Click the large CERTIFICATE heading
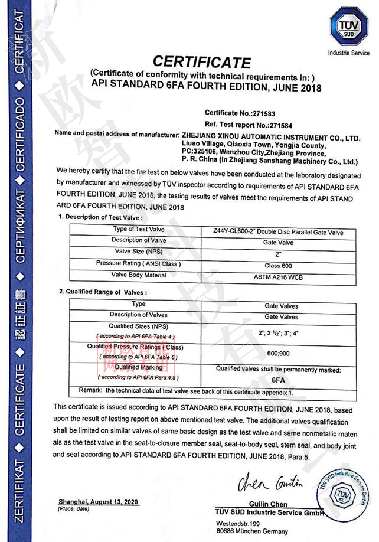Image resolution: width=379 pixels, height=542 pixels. click(x=202, y=61)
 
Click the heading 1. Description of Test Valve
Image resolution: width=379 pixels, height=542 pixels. click(x=100, y=217)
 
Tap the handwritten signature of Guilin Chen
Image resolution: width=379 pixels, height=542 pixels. click(x=271, y=484)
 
